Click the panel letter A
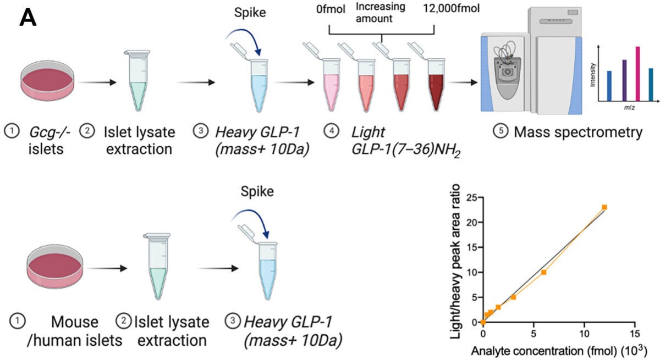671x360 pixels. [x=29, y=18]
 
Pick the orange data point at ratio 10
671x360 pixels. [x=543, y=272]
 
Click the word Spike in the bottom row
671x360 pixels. [x=258, y=192]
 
